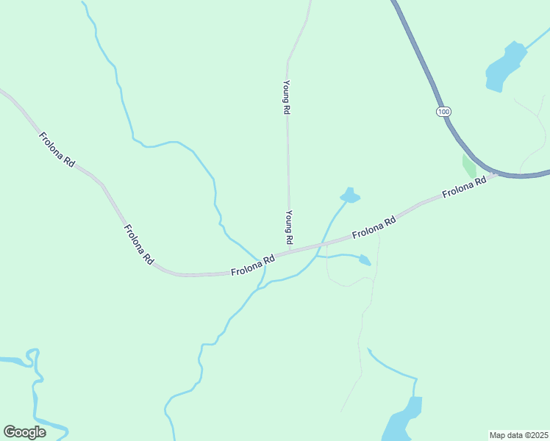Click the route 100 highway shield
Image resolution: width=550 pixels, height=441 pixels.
click(x=442, y=111)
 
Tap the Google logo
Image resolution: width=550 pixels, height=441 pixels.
click(x=24, y=432)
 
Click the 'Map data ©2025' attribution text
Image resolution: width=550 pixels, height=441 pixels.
click(x=518, y=435)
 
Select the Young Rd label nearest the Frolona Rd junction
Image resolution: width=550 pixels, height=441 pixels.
click(x=289, y=227)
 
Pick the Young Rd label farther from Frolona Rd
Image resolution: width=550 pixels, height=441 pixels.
click(x=287, y=96)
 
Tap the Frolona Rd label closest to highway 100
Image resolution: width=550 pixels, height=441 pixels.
click(x=465, y=187)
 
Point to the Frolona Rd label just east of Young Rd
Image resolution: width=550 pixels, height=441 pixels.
click(x=374, y=228)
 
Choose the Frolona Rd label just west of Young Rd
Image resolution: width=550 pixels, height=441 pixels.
click(x=253, y=265)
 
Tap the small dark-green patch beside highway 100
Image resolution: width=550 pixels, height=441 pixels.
click(x=468, y=166)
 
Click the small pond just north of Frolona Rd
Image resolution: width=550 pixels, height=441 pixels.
click(x=350, y=196)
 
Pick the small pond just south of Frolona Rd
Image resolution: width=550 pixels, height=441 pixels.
click(x=364, y=259)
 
